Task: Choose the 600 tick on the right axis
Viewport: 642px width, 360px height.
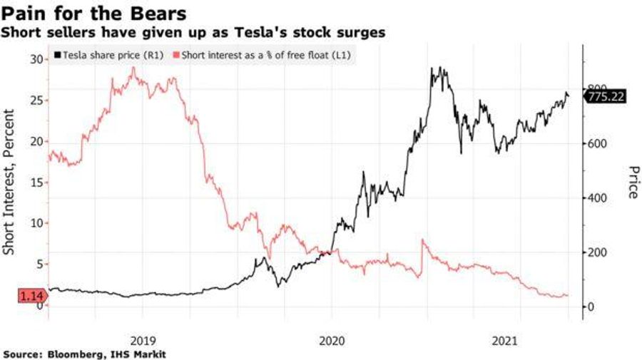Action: tap(596, 144)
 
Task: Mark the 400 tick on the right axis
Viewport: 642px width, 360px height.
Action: tap(596, 198)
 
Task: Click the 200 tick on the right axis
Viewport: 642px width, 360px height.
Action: tap(596, 252)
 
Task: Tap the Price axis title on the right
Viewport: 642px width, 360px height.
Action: tap(631, 182)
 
